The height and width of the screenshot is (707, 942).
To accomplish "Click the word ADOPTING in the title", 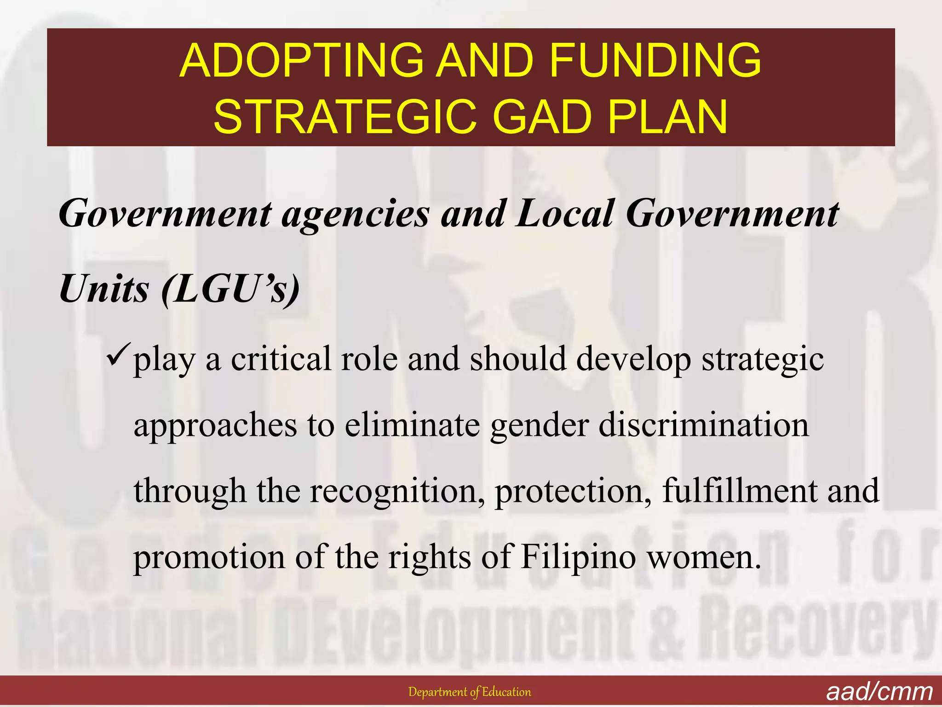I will [301, 60].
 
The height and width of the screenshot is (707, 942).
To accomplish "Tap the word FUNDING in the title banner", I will [655, 60].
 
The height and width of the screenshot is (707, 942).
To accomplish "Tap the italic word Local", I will [565, 214].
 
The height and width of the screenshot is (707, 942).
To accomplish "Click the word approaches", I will [215, 426].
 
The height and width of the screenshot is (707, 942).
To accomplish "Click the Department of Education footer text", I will [470, 692].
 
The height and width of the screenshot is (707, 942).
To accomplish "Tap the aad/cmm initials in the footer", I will [879, 692].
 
